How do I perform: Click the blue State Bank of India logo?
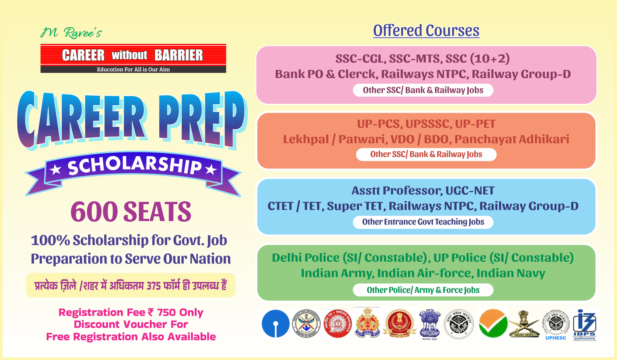point(275,324)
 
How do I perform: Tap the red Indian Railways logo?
point(337,324)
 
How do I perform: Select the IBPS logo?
point(584,324)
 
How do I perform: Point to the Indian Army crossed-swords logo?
point(523,324)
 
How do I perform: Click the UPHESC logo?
point(556,325)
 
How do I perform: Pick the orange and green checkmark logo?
point(493,324)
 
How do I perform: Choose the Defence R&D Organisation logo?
point(306,324)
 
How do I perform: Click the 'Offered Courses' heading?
point(426,30)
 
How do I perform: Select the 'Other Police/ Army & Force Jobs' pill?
point(423,290)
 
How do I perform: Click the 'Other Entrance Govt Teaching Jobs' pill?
point(423,222)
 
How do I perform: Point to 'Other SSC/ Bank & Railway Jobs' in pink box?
point(423,90)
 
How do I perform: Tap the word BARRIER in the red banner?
point(179,56)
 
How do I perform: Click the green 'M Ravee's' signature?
point(71,33)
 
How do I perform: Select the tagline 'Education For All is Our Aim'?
point(133,69)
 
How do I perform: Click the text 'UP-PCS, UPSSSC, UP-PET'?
point(426,124)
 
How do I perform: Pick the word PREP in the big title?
point(201,118)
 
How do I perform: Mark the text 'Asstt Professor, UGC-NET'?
point(423,191)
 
